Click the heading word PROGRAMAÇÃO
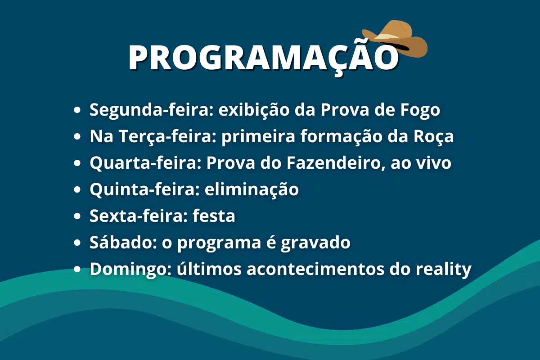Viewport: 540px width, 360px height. [x=263, y=57]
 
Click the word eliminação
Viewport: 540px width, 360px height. [x=252, y=189]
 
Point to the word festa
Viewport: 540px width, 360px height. [x=214, y=216]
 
